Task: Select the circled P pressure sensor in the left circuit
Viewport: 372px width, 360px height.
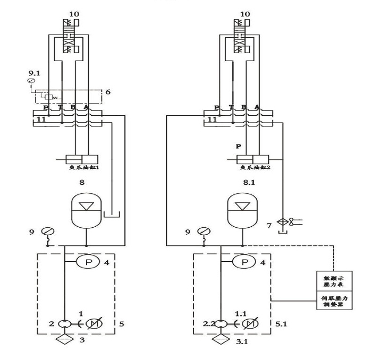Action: (83, 262)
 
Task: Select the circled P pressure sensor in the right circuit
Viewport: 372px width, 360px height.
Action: (244, 262)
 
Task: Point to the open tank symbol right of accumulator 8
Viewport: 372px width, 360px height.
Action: (111, 215)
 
